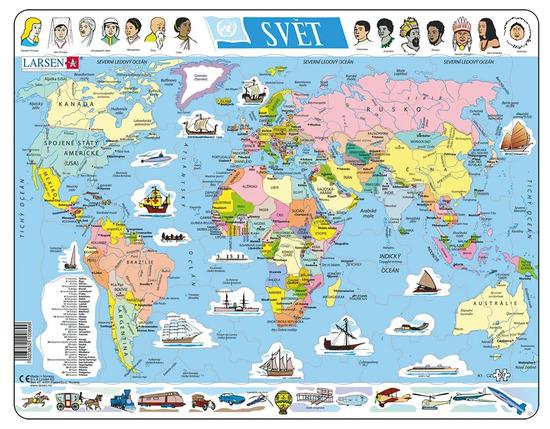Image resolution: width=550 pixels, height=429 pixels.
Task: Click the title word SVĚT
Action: (x=290, y=23)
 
